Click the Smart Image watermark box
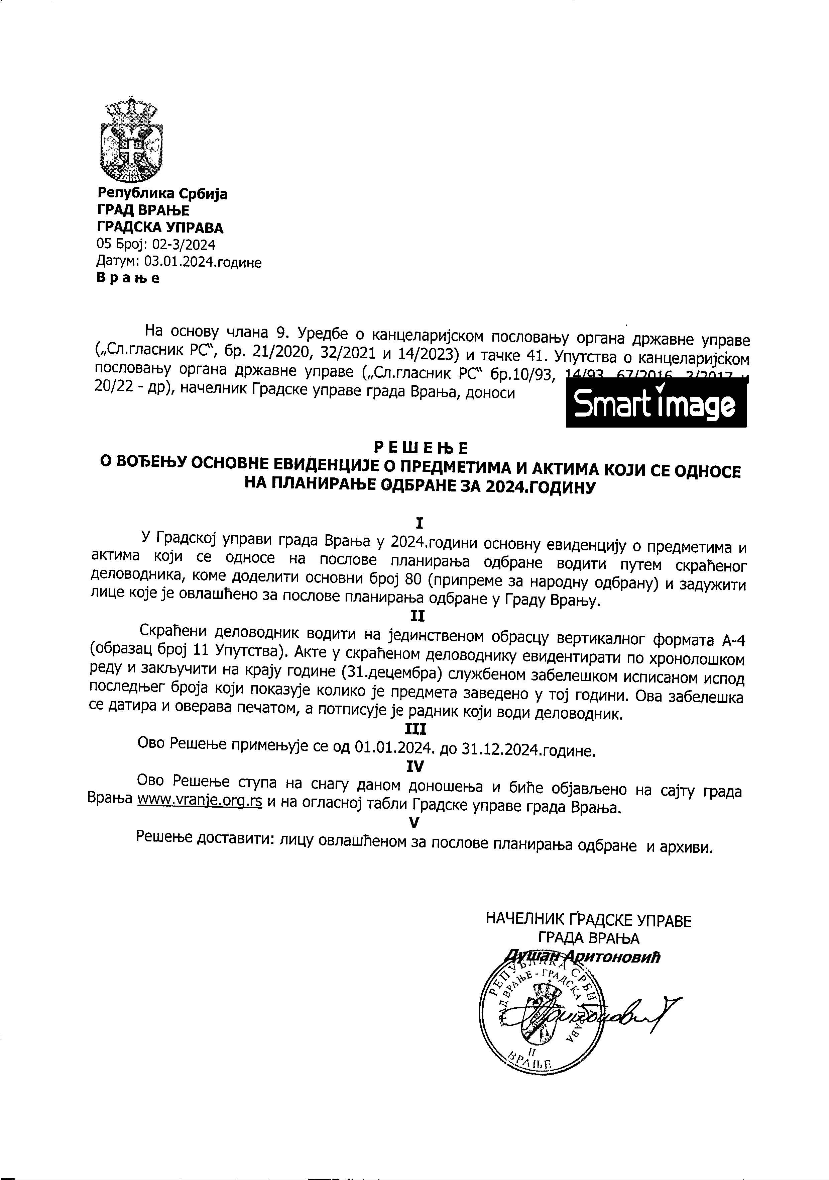click(x=656, y=404)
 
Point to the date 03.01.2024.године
click(x=203, y=262)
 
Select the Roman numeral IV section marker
click(x=415, y=767)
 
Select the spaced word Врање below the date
click(x=128, y=279)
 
